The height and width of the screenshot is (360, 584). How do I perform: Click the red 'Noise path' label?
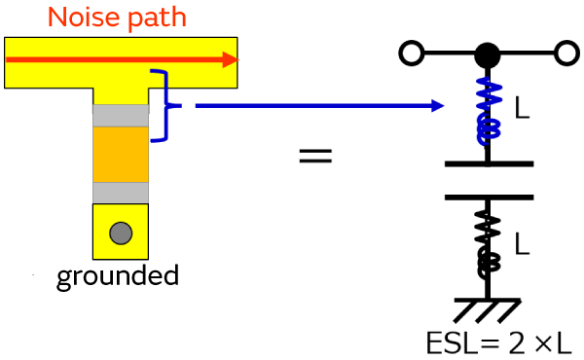pyautogui.click(x=117, y=18)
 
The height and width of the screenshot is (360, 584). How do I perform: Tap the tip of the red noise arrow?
pyautogui.click(x=238, y=59)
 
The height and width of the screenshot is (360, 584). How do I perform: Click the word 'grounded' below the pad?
pyautogui.click(x=118, y=276)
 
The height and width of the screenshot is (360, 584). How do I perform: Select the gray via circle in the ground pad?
pyautogui.click(x=121, y=234)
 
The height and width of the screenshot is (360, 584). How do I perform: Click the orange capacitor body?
pyautogui.click(x=121, y=155)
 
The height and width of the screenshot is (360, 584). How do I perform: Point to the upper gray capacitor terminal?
pyautogui.click(x=121, y=116)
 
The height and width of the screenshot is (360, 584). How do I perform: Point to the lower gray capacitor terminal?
pyautogui.click(x=121, y=193)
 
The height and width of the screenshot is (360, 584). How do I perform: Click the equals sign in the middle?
pyautogui.click(x=315, y=156)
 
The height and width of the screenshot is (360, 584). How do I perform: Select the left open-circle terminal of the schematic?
pyautogui.click(x=412, y=54)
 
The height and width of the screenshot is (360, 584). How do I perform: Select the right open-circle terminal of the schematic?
pyautogui.click(x=566, y=54)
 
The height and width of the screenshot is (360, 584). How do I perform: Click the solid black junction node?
pyautogui.click(x=488, y=55)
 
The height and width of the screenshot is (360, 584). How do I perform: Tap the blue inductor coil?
pyautogui.click(x=489, y=111)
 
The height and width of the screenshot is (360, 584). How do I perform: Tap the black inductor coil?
pyautogui.click(x=488, y=245)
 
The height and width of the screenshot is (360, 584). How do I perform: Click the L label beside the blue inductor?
pyautogui.click(x=522, y=108)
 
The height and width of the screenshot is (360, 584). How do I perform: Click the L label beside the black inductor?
pyautogui.click(x=522, y=243)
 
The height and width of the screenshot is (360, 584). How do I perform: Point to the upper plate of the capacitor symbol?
pyautogui.click(x=489, y=163)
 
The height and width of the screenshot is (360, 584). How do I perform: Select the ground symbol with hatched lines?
pyautogui.click(x=488, y=310)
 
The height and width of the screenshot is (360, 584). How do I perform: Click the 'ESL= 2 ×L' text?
pyautogui.click(x=498, y=342)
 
